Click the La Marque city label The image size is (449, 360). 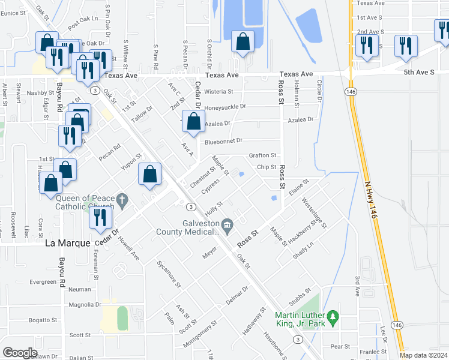tap(68, 243)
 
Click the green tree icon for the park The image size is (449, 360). tap(332, 316)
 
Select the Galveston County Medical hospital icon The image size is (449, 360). tap(228, 226)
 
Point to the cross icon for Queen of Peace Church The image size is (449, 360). tap(122, 200)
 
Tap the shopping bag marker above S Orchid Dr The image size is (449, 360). tap(243, 43)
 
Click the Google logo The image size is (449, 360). tap(20, 353)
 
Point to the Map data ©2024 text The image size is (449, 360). tap(423, 355)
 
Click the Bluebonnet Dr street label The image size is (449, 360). tap(223, 141)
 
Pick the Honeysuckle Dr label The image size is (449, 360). tap(226, 107)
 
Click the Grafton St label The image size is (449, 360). tap(263, 155)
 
